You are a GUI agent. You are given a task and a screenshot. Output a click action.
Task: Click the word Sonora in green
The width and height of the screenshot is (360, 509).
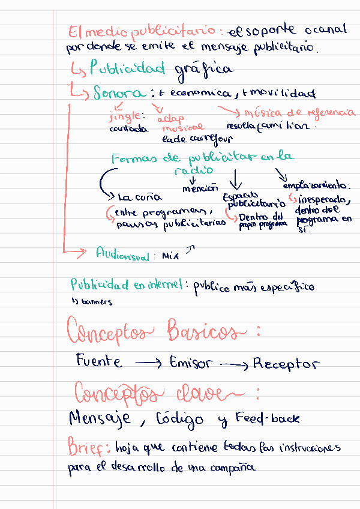click(x=119, y=93)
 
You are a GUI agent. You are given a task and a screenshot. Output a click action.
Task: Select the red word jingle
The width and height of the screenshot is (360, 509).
click(x=124, y=115)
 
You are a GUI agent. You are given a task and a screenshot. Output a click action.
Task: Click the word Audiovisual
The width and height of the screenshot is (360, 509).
click(x=122, y=254)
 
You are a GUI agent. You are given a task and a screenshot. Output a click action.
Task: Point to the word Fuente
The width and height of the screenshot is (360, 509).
click(x=99, y=361)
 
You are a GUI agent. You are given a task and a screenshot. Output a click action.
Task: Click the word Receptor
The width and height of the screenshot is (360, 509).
click(x=286, y=364)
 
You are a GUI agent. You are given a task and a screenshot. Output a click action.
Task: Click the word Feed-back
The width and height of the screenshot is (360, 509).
click(x=267, y=418)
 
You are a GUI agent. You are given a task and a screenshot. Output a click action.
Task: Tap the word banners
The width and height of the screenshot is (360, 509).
click(x=97, y=302)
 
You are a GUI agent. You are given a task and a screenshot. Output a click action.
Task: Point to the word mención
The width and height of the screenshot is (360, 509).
click(x=200, y=188)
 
